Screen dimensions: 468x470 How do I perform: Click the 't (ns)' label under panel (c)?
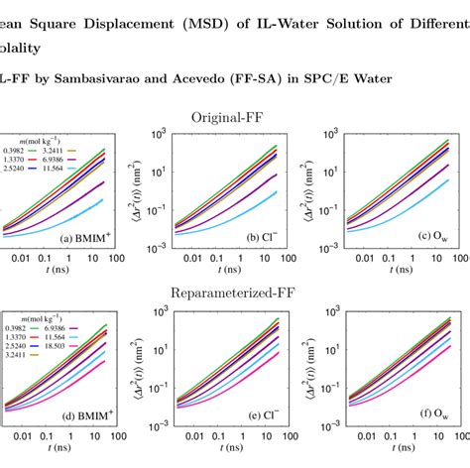click(x=397, y=270)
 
